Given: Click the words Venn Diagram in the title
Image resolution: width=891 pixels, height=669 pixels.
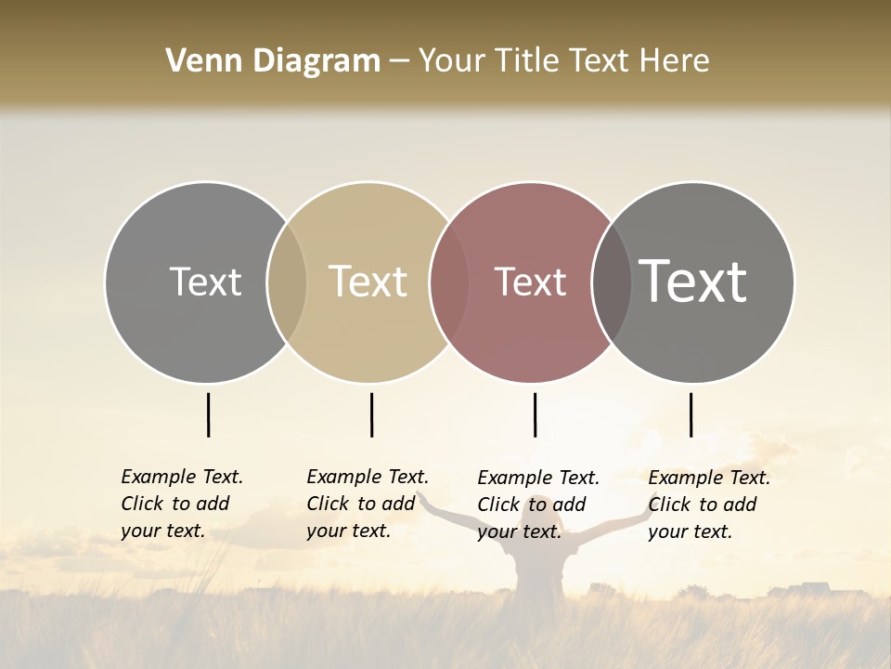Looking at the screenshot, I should point(273,61).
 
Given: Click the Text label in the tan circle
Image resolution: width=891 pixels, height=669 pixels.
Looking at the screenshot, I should point(368,282).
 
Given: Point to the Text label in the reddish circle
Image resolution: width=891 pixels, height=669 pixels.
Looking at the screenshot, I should point(531,282).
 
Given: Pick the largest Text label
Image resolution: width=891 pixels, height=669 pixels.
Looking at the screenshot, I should point(693,282).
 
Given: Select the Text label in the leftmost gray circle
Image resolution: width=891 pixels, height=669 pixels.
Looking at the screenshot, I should point(206,282).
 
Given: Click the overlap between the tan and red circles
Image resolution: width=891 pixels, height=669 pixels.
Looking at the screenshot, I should point(449,282).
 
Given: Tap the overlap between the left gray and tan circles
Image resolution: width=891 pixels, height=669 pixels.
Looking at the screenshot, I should point(287,282).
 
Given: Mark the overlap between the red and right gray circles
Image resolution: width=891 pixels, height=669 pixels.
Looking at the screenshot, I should point(611,282).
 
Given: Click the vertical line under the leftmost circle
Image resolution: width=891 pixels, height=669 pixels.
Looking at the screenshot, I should point(209,414).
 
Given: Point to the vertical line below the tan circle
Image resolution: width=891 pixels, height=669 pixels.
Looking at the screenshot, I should point(371,414).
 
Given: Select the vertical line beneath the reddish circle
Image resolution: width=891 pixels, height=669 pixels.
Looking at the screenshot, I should point(535,414).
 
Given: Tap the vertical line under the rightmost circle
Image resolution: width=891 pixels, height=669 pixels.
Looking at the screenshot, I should point(691,414).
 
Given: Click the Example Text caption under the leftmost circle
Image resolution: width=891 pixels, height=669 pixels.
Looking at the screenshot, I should point(182,504).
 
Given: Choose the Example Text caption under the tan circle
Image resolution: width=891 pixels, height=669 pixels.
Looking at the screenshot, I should point(368,504).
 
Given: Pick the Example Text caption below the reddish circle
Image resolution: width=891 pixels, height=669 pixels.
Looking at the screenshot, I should point(538,505).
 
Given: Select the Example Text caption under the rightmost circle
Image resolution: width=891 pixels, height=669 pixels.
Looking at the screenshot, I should point(709,505).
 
